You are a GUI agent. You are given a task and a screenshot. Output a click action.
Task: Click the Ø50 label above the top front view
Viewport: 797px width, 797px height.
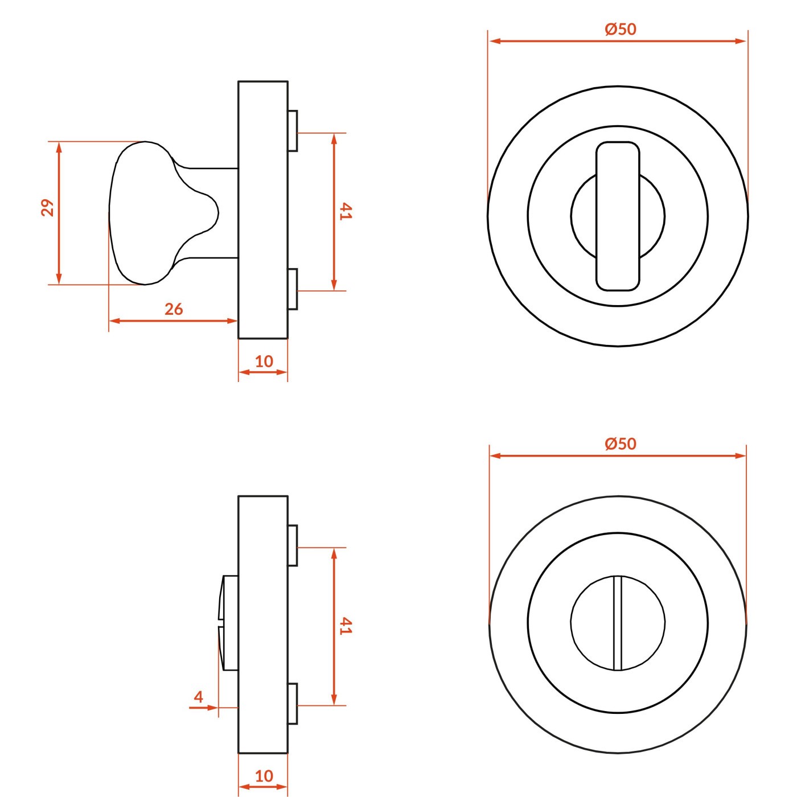[621, 29]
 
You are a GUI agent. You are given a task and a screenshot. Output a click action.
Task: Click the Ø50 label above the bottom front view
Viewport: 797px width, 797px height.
[621, 444]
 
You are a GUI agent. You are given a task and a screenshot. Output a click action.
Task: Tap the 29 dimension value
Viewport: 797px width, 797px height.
[48, 208]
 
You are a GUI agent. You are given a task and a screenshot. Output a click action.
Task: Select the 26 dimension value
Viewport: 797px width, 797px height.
[174, 309]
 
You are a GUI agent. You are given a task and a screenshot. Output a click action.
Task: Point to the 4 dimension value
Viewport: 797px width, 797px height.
[199, 697]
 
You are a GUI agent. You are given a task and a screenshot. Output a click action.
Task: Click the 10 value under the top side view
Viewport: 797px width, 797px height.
[264, 361]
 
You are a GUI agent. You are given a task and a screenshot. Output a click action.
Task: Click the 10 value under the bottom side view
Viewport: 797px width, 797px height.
[264, 776]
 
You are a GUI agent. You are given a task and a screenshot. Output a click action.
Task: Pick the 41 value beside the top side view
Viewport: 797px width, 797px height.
[346, 211]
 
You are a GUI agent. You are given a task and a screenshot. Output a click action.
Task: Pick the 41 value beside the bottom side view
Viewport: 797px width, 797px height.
[346, 626]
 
